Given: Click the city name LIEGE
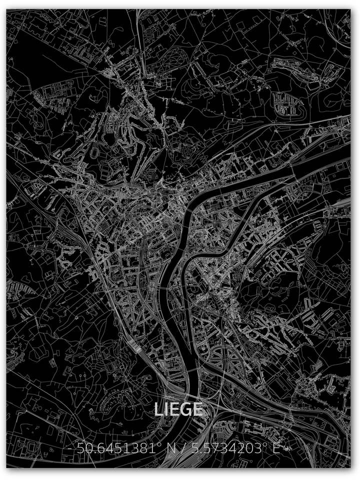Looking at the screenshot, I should (178, 409).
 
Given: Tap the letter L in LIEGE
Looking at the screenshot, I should (158, 409).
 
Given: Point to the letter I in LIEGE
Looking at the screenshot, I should (165, 409).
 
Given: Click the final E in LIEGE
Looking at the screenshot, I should (197, 409).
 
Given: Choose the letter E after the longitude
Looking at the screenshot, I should (275, 448).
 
